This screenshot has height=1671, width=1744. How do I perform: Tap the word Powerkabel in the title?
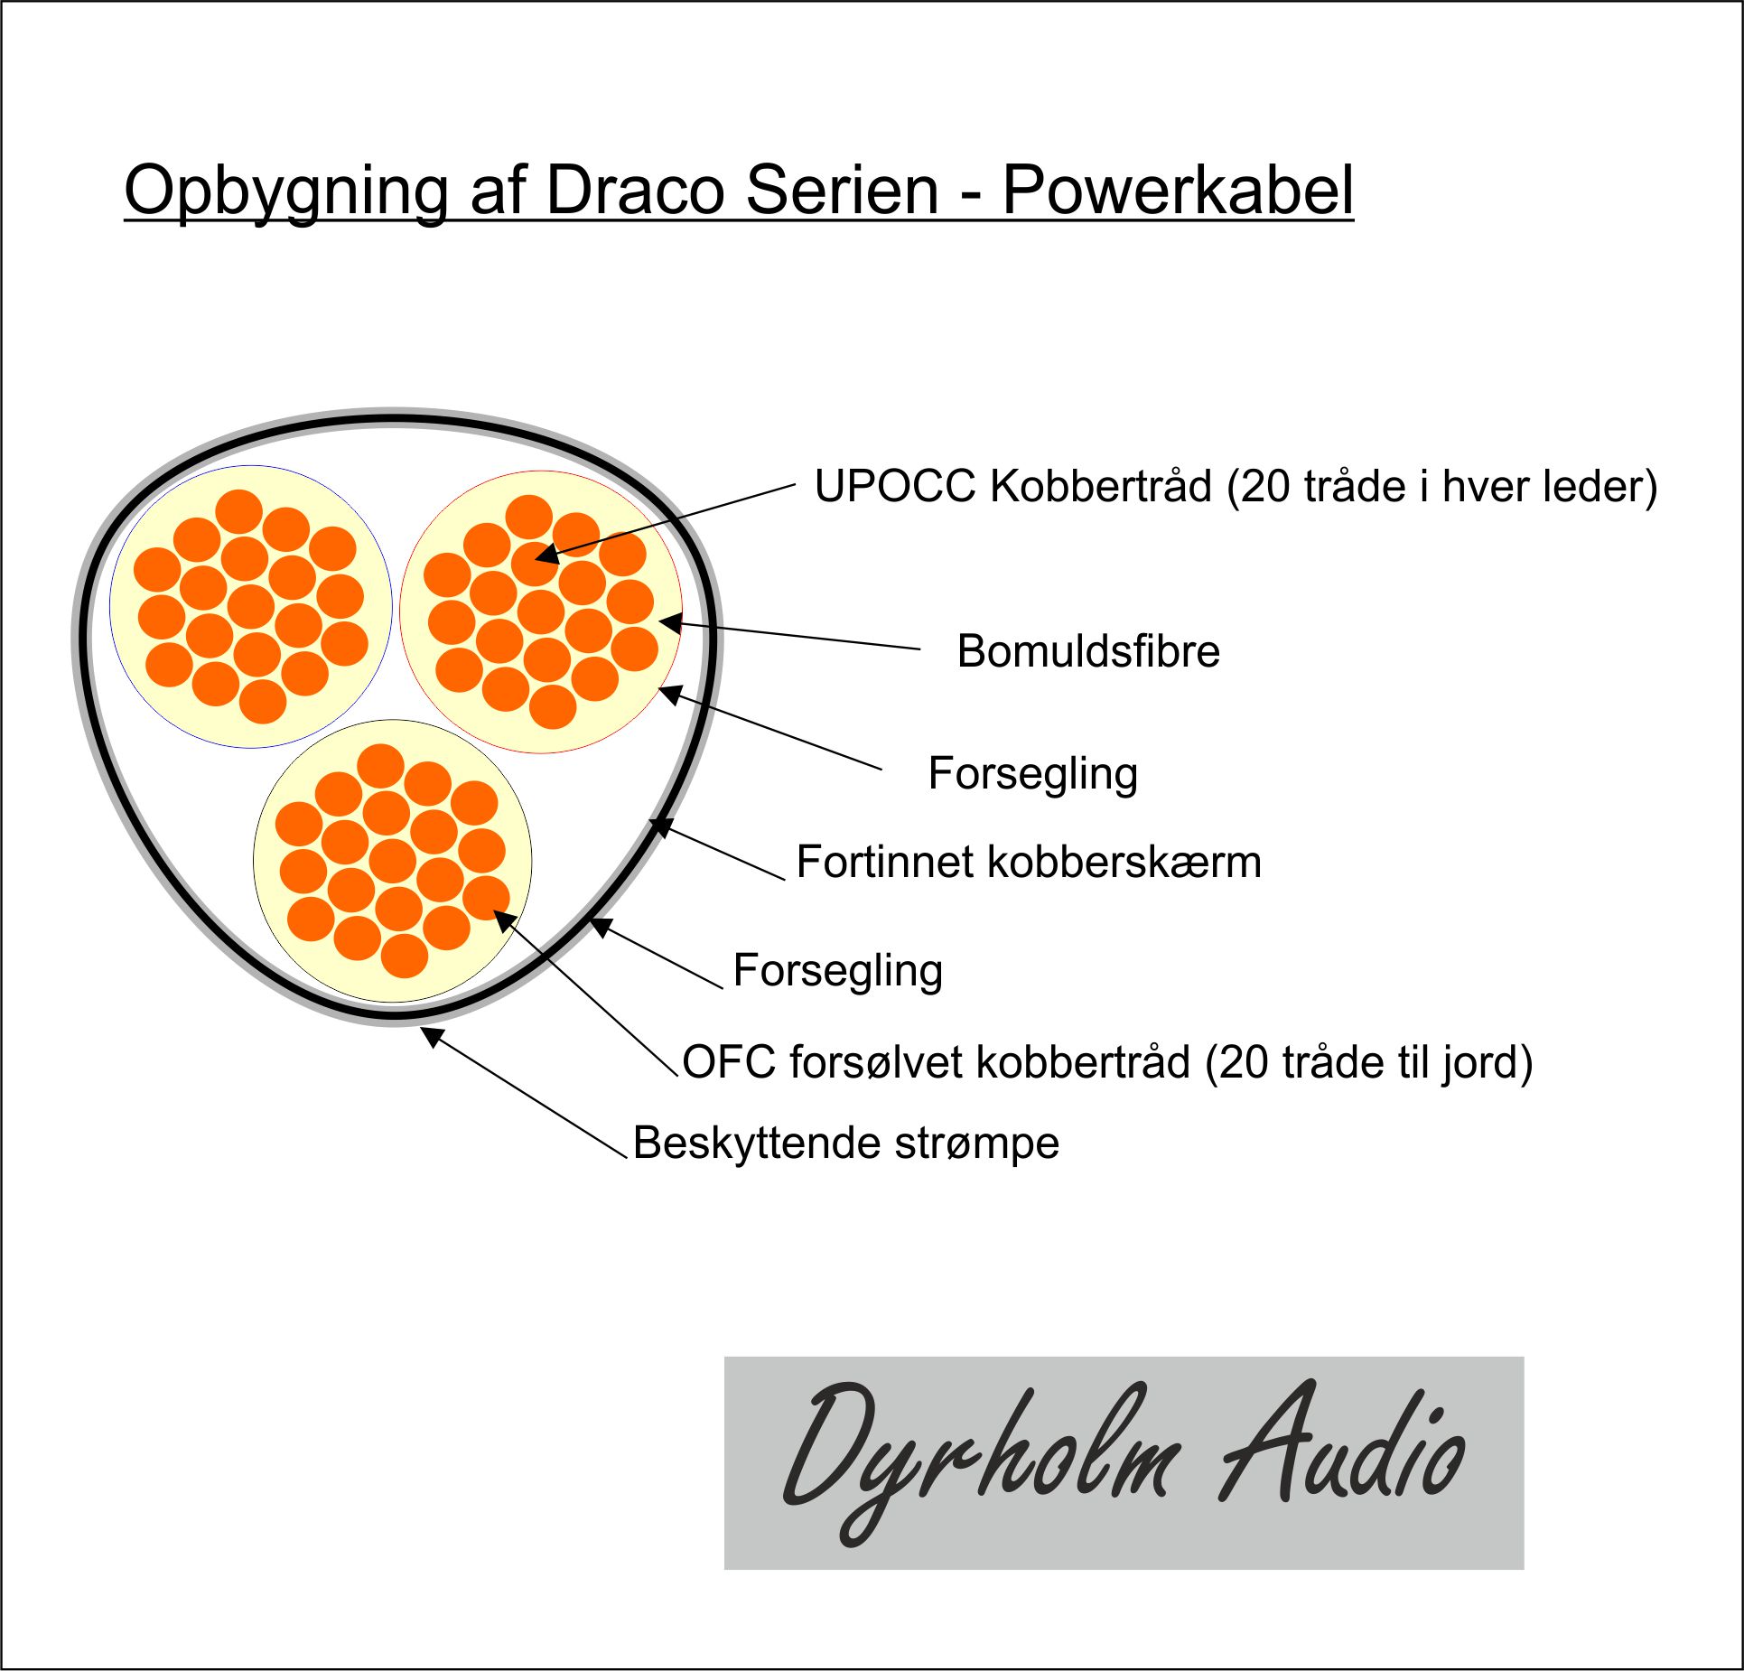(x=1178, y=191)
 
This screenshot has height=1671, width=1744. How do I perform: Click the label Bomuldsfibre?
(x=1088, y=651)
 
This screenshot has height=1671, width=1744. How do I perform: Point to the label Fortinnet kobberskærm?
(x=1029, y=862)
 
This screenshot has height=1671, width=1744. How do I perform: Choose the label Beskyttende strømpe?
(x=846, y=1144)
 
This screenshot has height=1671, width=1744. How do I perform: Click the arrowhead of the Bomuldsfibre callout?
(x=670, y=622)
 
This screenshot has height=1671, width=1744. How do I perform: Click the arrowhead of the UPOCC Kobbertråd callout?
(x=547, y=553)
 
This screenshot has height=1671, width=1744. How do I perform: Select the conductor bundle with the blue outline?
(x=251, y=606)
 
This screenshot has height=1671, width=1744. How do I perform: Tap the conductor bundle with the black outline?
(x=393, y=861)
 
